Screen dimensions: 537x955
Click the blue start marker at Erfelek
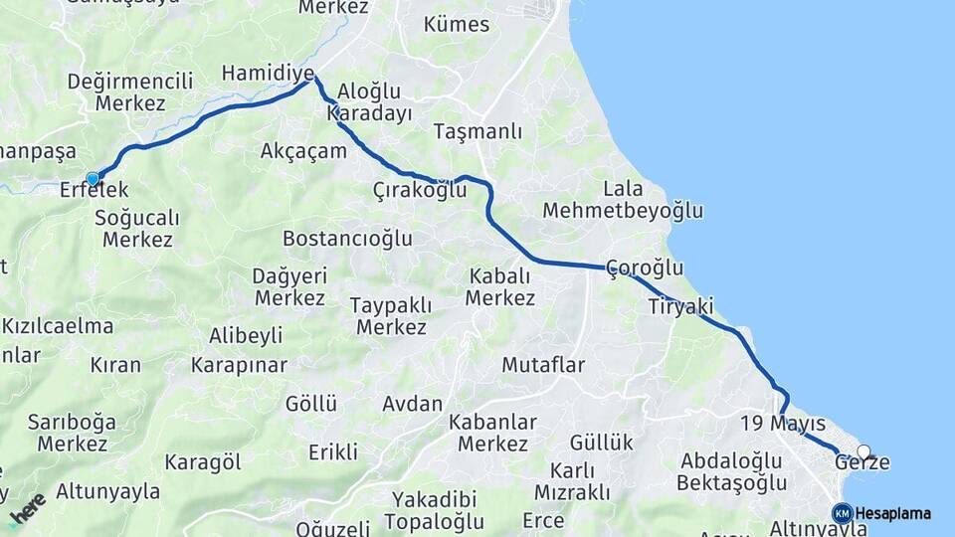(93, 179)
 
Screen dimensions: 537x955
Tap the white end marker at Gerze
(863, 450)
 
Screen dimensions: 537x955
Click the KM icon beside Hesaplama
(842, 513)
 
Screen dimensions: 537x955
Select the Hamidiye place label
(268, 73)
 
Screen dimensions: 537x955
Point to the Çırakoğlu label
(420, 190)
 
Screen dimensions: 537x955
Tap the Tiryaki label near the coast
(680, 306)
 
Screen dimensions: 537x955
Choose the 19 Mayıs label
(783, 425)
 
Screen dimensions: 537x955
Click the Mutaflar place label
(543, 365)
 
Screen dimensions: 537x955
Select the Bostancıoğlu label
(347, 239)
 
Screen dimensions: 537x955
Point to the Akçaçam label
(303, 151)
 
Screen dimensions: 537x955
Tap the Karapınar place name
(239, 365)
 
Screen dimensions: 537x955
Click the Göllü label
(311, 404)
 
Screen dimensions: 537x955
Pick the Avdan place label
(412, 404)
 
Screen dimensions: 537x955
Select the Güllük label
(601, 443)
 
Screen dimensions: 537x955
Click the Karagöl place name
(203, 461)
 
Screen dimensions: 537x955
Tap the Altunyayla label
(107, 490)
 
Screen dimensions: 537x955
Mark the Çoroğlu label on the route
(645, 268)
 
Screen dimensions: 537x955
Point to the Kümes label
(457, 24)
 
